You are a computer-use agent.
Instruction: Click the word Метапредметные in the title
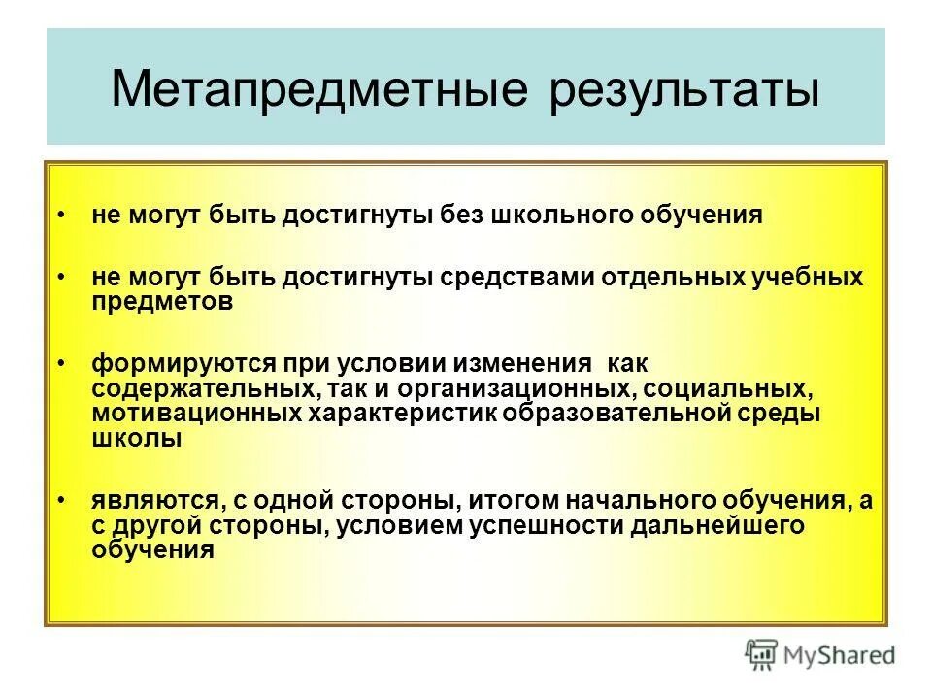[321, 89]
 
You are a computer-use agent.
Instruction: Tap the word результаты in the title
[684, 89]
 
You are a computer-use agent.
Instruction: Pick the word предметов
[162, 301]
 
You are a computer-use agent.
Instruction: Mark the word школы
[137, 438]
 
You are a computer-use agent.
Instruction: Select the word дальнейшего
[718, 525]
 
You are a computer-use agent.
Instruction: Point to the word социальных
[741, 388]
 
